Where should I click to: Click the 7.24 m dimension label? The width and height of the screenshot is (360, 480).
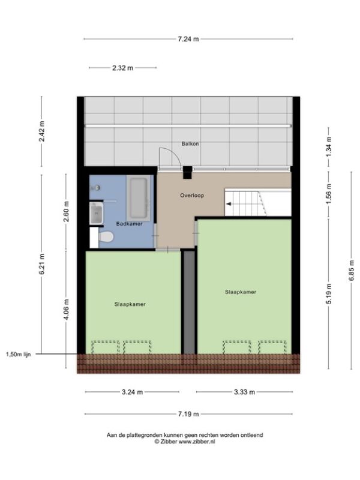pyautogui.click(x=188, y=39)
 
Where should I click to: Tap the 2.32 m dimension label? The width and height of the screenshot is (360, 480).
pyautogui.click(x=123, y=68)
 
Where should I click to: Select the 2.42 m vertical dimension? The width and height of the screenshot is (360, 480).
pyautogui.click(x=41, y=131)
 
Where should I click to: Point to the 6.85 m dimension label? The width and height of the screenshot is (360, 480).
pyautogui.click(x=352, y=271)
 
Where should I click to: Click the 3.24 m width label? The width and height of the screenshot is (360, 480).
pyautogui.click(x=132, y=392)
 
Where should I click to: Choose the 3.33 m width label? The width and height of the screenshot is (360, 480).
pyautogui.click(x=245, y=392)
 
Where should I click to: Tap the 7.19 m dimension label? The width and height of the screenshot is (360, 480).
pyautogui.click(x=188, y=414)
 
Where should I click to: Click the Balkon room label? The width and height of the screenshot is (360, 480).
pyautogui.click(x=190, y=143)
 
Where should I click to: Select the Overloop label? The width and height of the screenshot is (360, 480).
pyautogui.click(x=192, y=196)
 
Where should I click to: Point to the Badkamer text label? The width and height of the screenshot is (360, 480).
pyautogui.click(x=129, y=224)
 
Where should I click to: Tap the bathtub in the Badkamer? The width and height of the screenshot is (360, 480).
pyautogui.click(x=139, y=198)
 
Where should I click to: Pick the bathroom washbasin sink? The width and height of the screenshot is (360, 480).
pyautogui.click(x=97, y=213)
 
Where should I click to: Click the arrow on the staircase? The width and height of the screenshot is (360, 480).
pyautogui.click(x=229, y=204)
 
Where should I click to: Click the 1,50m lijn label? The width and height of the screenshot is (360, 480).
pyautogui.click(x=19, y=355)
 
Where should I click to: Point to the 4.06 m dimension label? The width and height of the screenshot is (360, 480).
pyautogui.click(x=66, y=310)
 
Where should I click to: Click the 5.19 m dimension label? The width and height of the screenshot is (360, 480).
pyautogui.click(x=329, y=293)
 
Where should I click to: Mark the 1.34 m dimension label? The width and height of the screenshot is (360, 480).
pyautogui.click(x=329, y=146)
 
